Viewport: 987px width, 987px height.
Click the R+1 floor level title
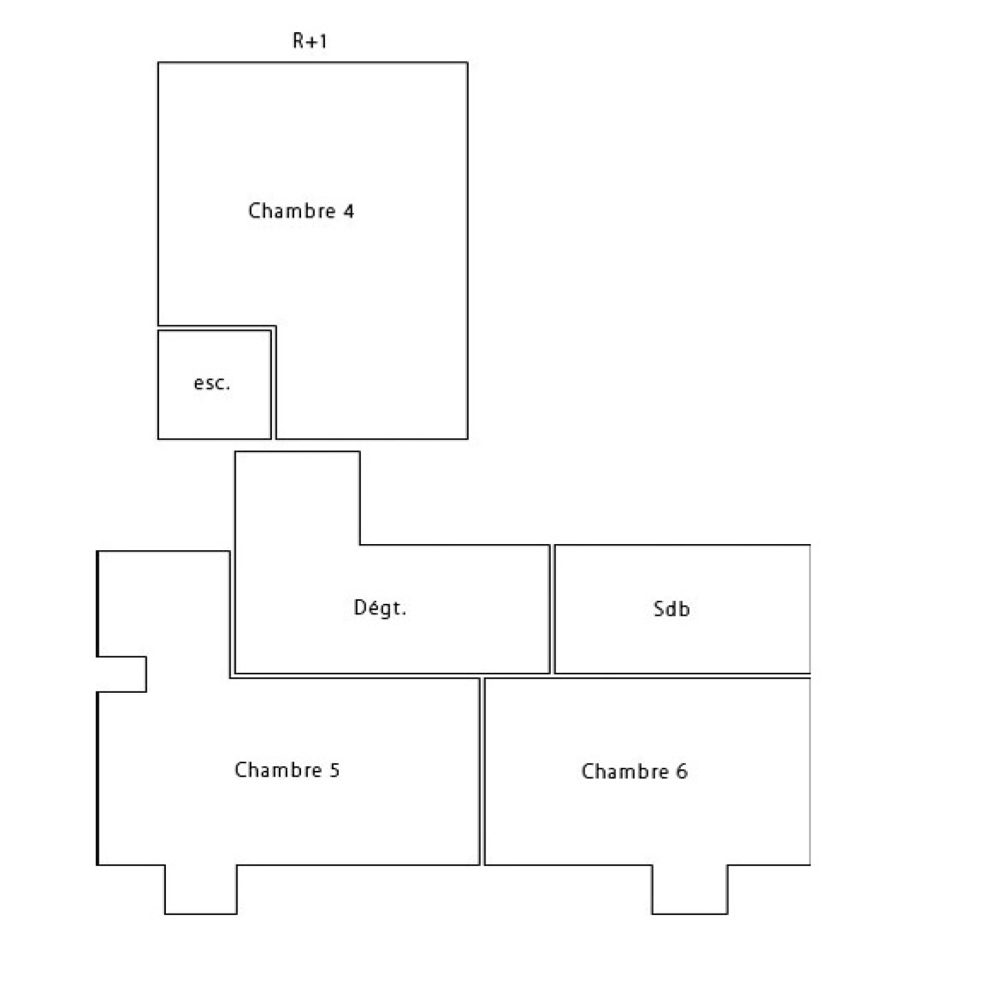pyautogui.click(x=309, y=41)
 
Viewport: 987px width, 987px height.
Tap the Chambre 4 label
pyautogui.click(x=301, y=210)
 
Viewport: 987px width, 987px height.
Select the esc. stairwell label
pyautogui.click(x=212, y=383)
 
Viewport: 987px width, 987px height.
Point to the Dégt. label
pyautogui.click(x=380, y=608)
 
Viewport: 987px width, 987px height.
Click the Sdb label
pyautogui.click(x=672, y=609)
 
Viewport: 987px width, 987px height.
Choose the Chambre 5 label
pyautogui.click(x=287, y=769)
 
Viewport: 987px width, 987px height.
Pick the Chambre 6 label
pyautogui.click(x=634, y=771)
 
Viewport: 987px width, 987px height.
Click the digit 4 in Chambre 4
pyautogui.click(x=349, y=211)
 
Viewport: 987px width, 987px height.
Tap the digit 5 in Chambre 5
pyautogui.click(x=334, y=770)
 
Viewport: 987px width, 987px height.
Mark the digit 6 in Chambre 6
pyautogui.click(x=682, y=772)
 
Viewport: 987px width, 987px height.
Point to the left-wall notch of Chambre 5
pyautogui.click(x=122, y=674)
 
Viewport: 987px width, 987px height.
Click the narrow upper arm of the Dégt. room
pyautogui.click(x=297, y=498)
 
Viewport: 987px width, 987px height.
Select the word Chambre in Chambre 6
pyautogui.click(x=625, y=771)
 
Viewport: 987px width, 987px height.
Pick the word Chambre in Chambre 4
pyautogui.click(x=292, y=210)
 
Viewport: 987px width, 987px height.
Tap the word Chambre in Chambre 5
pyautogui.click(x=278, y=769)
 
